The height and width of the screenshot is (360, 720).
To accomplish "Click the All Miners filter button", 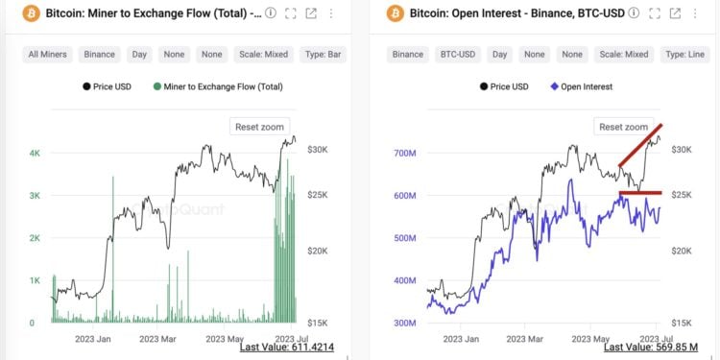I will point(47,55).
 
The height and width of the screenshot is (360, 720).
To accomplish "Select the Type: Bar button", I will point(324,55).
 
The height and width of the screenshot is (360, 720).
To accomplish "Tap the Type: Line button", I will point(686,55).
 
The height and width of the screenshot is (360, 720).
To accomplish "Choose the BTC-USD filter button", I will point(460,55).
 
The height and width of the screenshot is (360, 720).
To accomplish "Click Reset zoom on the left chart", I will point(259,127).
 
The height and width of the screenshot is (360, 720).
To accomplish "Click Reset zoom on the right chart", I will point(624,127).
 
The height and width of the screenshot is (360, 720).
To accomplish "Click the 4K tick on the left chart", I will point(34,154).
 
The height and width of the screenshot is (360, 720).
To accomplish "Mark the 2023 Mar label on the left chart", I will point(159,338).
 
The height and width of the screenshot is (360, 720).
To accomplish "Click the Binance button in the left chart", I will point(99,55).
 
